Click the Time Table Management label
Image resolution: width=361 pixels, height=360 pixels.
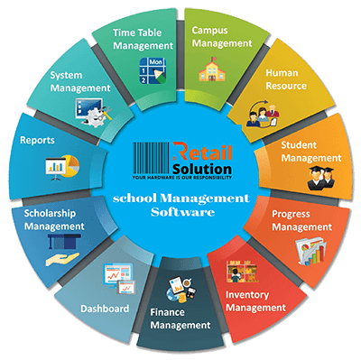(x=143, y=39)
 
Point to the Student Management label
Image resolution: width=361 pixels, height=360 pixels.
(x=310, y=150)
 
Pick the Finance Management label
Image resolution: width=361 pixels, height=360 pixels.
(x=180, y=318)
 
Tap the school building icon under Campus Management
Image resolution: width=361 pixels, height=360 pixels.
(x=219, y=68)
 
